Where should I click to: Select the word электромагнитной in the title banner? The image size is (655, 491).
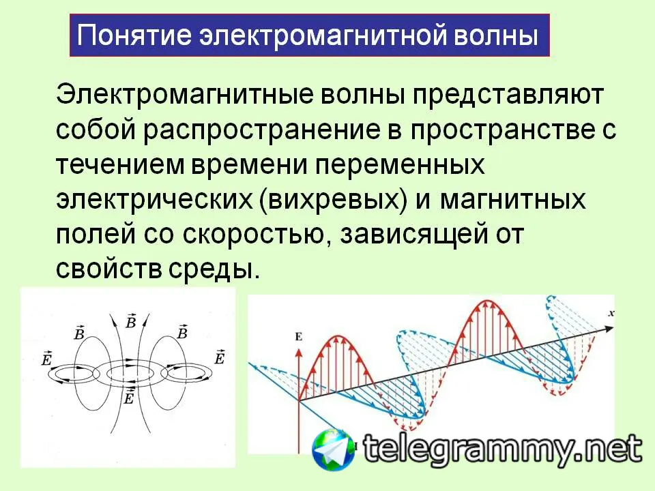point(321,36)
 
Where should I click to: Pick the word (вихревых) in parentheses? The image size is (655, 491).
point(333,200)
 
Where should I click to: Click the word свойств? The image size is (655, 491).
point(108,270)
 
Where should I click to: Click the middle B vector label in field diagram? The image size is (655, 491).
point(131,321)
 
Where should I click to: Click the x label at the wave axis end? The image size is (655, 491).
point(611,313)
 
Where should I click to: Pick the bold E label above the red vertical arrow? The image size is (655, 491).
point(298,336)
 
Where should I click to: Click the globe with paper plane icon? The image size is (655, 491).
point(333,449)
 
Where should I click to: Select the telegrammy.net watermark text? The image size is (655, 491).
point(502,449)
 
